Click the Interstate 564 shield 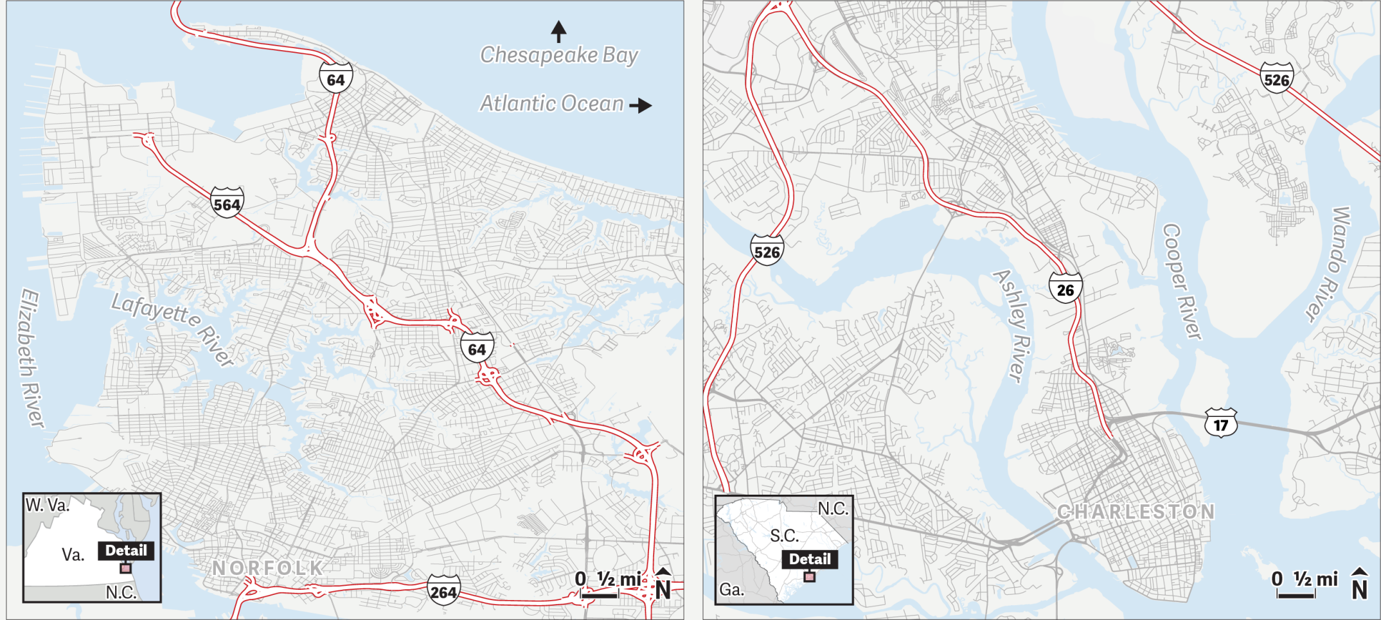pyautogui.click(x=227, y=203)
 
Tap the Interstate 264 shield pyautogui.click(x=443, y=590)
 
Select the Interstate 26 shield pyautogui.click(x=1065, y=288)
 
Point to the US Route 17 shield pyautogui.click(x=1220, y=423)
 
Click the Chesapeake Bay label pyautogui.click(x=559, y=55)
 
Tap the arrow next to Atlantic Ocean pyautogui.click(x=640, y=105)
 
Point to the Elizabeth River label pyautogui.click(x=30, y=357)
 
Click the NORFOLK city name pyautogui.click(x=268, y=568)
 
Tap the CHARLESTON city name pyautogui.click(x=1136, y=512)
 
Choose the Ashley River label pyautogui.click(x=1013, y=325)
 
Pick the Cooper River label pyautogui.click(x=1182, y=281)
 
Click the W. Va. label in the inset pyautogui.click(x=47, y=506)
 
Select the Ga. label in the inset pyautogui.click(x=731, y=589)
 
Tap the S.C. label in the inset pyautogui.click(x=784, y=535)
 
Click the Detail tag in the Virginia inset pyautogui.click(x=126, y=551)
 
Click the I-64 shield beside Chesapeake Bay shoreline pyautogui.click(x=335, y=79)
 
